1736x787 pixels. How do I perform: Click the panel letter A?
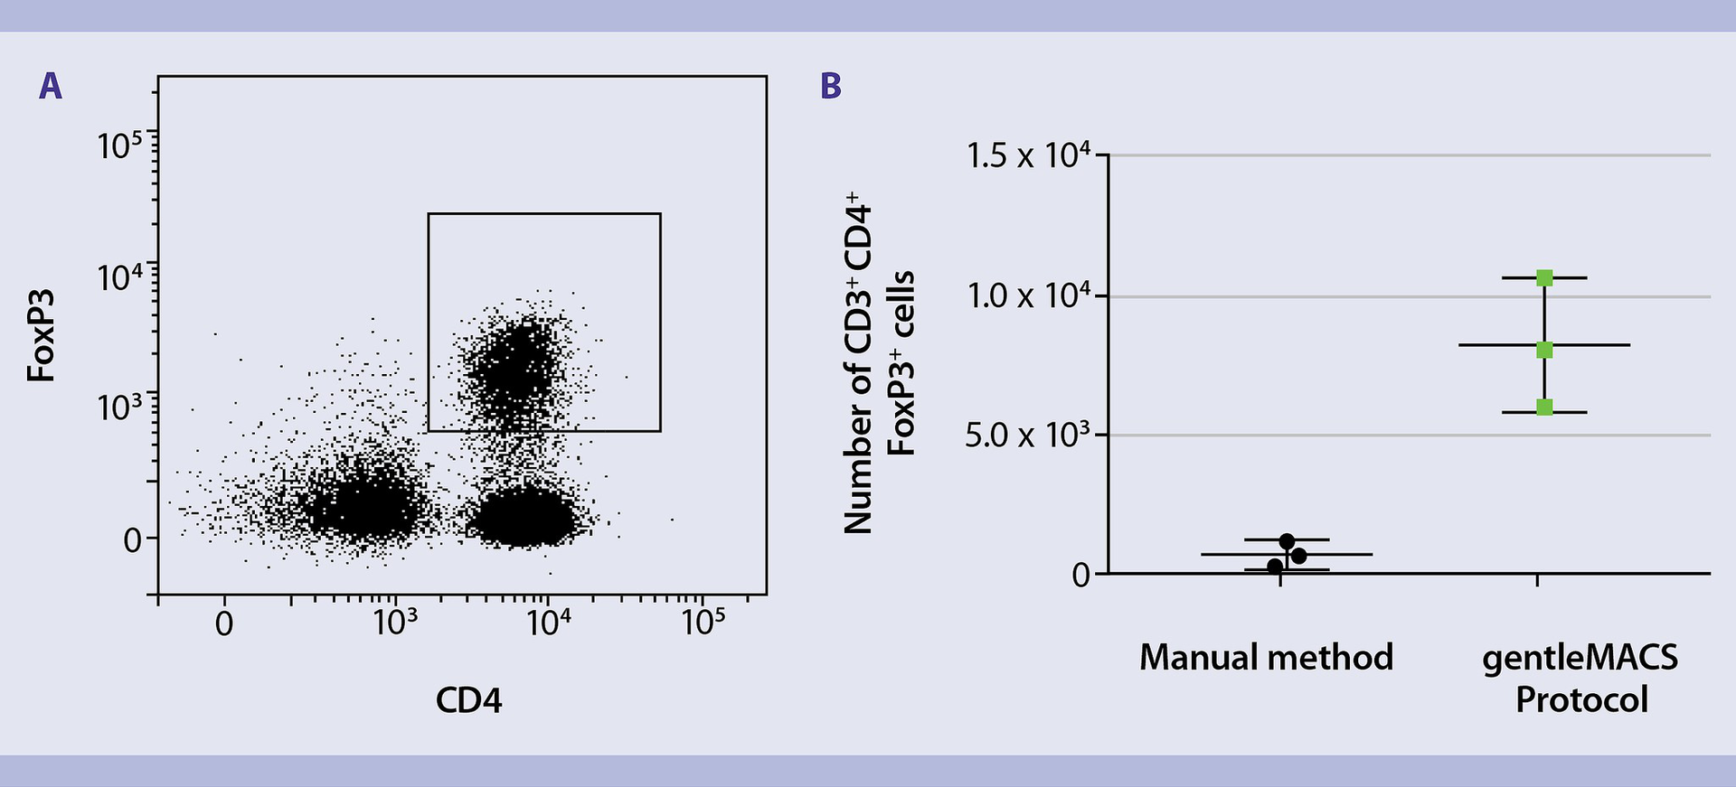coord(51,87)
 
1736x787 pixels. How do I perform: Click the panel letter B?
coord(830,87)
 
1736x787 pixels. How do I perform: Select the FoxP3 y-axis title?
coord(42,335)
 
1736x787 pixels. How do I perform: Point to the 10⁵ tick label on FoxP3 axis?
coord(121,145)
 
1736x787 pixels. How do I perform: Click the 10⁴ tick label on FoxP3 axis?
coord(121,276)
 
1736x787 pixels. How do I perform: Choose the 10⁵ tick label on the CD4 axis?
coord(703,623)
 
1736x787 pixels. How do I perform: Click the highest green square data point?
coord(1544,278)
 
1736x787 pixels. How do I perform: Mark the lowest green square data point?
coord(1544,408)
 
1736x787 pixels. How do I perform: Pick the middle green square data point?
coord(1544,350)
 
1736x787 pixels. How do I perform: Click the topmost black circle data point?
coord(1287,541)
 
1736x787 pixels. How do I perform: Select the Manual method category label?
coord(1266,657)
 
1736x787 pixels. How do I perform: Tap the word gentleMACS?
coord(1580,657)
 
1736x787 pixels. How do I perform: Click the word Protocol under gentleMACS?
coord(1581,700)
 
